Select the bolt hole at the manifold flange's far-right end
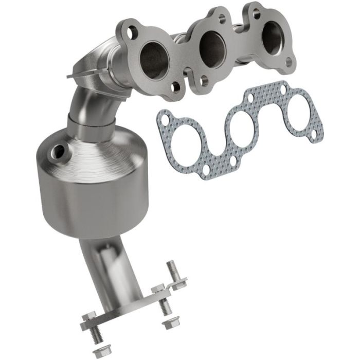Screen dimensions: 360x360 point(288,62)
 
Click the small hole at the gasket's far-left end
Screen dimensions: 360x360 point(165,120)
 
